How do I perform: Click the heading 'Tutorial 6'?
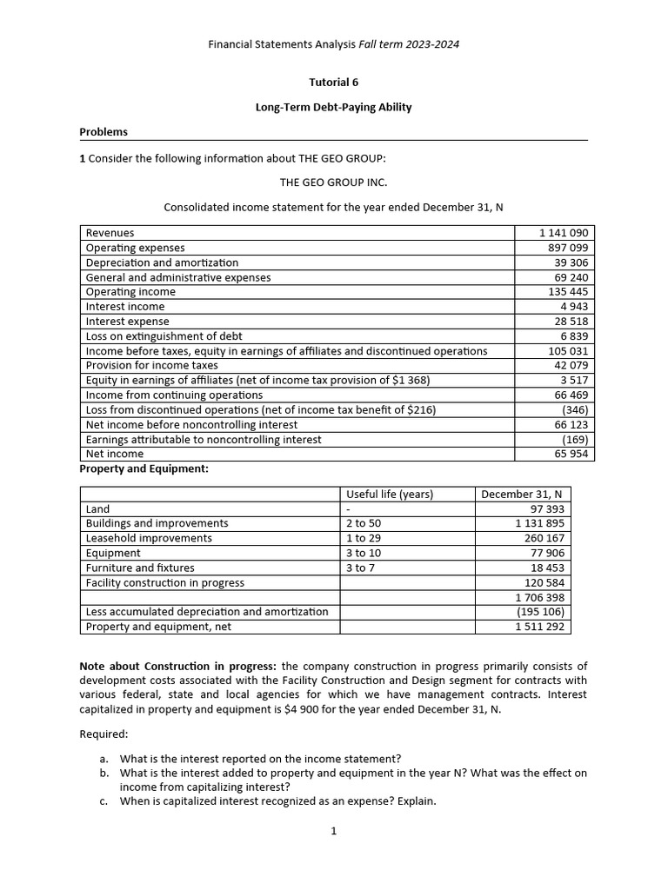pyautogui.click(x=333, y=83)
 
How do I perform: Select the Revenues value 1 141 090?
pyautogui.click(x=564, y=233)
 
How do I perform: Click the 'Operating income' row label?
pyautogui.click(x=130, y=292)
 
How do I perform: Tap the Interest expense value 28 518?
pyautogui.click(x=571, y=322)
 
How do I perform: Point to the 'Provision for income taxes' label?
pyautogui.click(x=152, y=365)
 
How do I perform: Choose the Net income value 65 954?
pyautogui.click(x=571, y=454)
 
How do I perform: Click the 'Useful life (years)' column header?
pyautogui.click(x=390, y=495)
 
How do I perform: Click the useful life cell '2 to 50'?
pyautogui.click(x=364, y=523)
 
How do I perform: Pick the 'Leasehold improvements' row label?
pyautogui.click(x=149, y=538)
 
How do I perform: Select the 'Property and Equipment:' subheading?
pyautogui.click(x=144, y=468)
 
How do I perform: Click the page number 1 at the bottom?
pyautogui.click(x=333, y=831)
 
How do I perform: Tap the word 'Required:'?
pyautogui.click(x=104, y=734)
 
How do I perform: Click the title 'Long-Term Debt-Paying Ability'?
pyautogui.click(x=333, y=108)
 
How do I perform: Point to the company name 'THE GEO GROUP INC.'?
pyautogui.click(x=333, y=183)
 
